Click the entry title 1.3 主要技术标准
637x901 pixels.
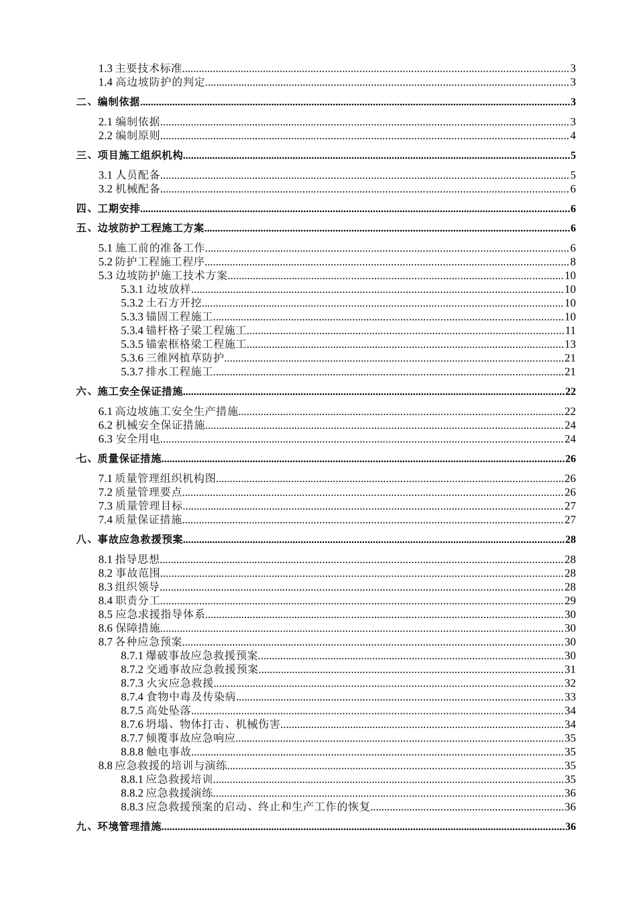(140, 68)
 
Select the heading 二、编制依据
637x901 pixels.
(108, 102)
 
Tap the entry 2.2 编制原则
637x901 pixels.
(129, 135)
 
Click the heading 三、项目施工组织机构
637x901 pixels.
(129, 156)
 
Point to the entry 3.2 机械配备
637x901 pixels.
(129, 188)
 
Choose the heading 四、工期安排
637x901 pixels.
(108, 208)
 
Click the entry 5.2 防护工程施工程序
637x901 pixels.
(152, 261)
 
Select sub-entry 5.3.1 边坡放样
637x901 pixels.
(156, 289)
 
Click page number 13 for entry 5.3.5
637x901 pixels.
(570, 344)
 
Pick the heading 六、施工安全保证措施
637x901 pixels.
(129, 392)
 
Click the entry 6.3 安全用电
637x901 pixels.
(129, 439)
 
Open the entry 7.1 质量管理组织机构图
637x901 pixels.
(157, 479)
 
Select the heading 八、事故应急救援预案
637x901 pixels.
(129, 540)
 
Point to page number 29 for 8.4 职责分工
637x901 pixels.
(570, 601)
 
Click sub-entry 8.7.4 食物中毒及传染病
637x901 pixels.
(178, 697)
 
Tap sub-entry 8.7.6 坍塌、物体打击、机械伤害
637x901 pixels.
(200, 724)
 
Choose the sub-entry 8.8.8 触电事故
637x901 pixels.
(156, 752)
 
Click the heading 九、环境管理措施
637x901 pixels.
(119, 827)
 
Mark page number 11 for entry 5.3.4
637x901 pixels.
(570, 330)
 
